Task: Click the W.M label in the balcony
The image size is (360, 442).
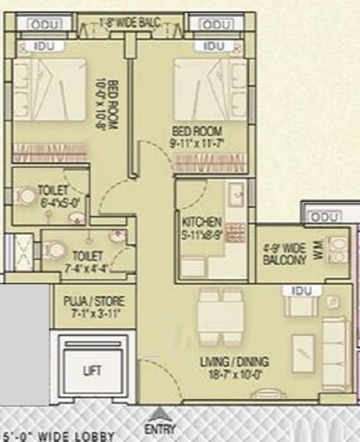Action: tap(318, 251)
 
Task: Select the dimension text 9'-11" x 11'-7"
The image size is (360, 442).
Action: tap(197, 142)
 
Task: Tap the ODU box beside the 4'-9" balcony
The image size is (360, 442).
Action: tap(323, 217)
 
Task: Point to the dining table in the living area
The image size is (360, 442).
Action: tap(220, 314)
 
